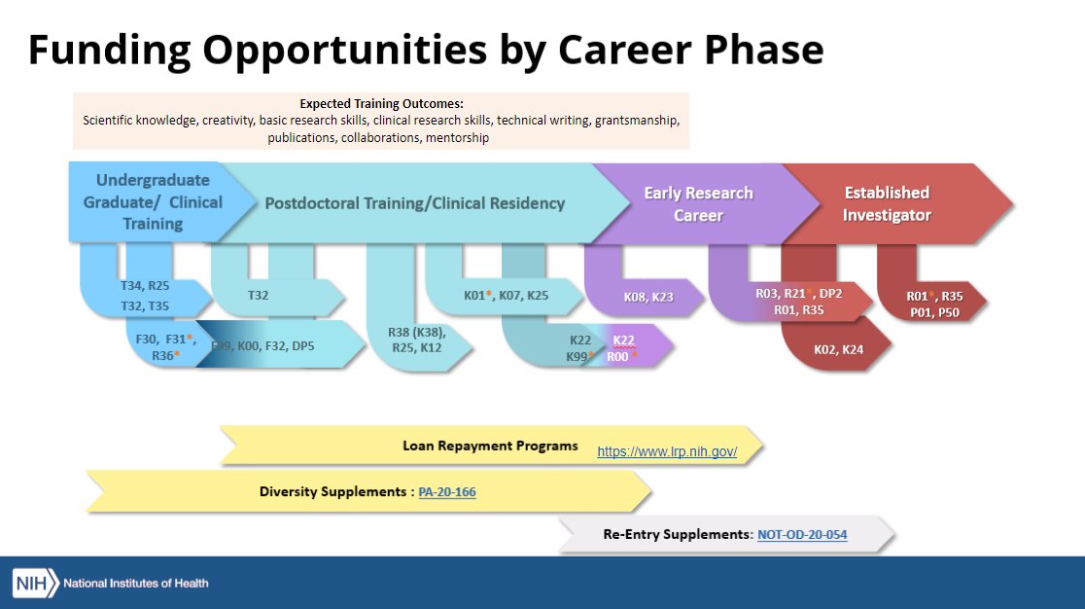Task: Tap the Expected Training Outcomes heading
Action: (381, 103)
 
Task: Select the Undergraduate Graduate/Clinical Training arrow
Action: (153, 202)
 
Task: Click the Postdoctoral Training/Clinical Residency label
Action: (415, 203)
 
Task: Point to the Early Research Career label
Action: (698, 203)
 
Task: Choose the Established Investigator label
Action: (887, 203)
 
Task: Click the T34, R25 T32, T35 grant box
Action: (146, 295)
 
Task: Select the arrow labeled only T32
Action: (259, 295)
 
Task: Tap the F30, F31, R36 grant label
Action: (166, 346)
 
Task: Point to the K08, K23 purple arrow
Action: (648, 297)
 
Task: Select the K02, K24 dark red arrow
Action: (838, 348)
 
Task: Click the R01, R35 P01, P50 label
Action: (934, 303)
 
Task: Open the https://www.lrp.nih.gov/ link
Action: (667, 452)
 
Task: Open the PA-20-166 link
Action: (447, 493)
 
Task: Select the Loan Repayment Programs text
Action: (490, 447)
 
